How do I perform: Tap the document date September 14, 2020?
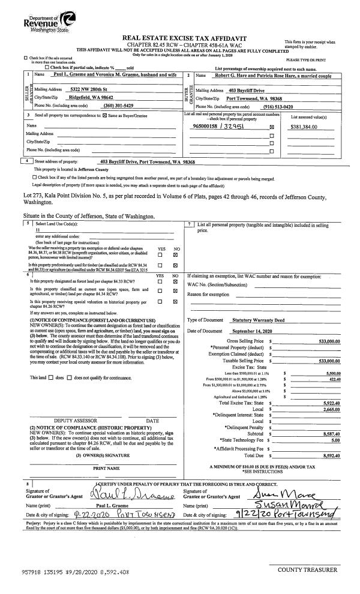point(253,332)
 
